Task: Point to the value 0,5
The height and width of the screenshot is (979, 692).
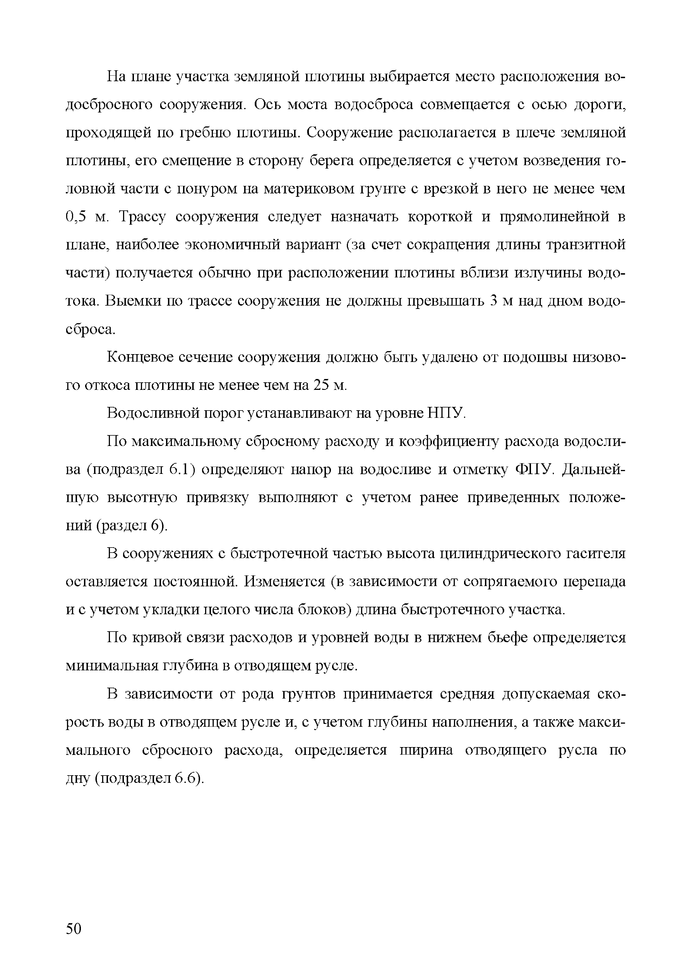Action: click(77, 217)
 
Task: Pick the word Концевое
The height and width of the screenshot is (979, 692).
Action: click(139, 357)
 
